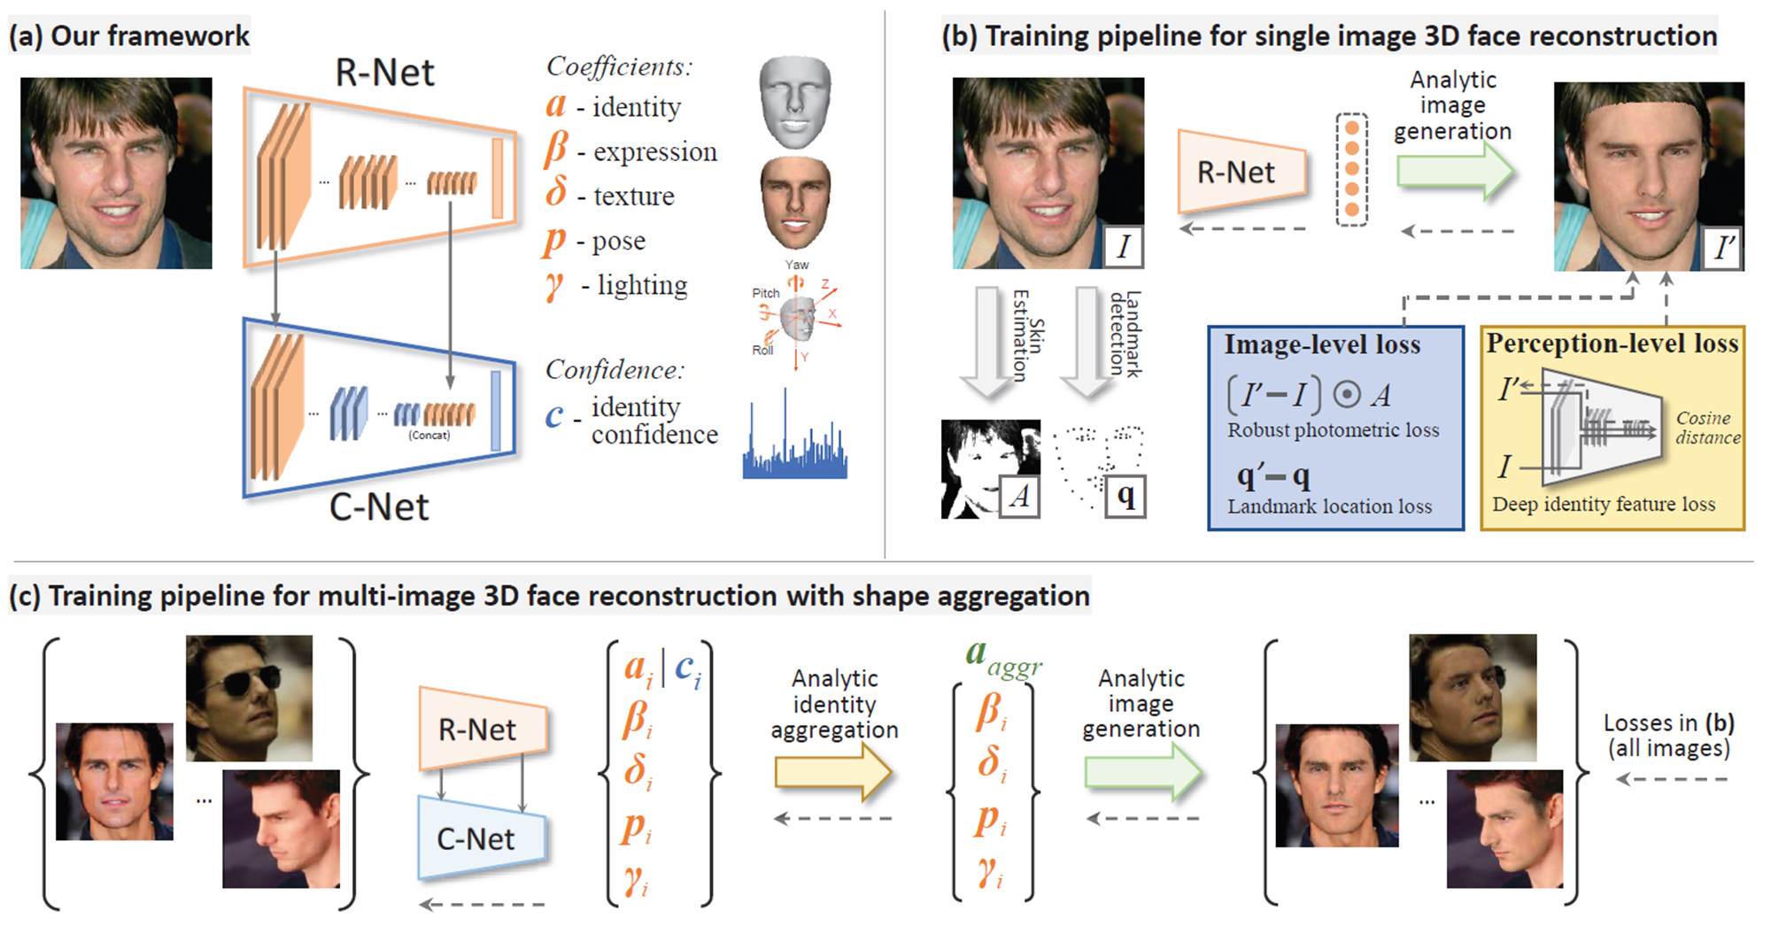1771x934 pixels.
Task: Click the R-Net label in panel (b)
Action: pos(1236,173)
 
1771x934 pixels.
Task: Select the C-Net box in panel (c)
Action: pos(478,838)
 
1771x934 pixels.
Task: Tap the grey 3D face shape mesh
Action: pos(794,101)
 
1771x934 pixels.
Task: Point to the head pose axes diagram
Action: pos(796,315)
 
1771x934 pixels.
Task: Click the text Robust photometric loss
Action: pos(1333,430)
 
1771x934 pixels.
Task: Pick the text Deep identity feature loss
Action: pos(1603,505)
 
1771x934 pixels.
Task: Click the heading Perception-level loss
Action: pos(1612,343)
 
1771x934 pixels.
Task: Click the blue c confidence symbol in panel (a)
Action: pos(554,414)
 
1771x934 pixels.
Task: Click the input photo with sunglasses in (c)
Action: pos(249,698)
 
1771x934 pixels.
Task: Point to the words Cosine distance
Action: pos(1706,428)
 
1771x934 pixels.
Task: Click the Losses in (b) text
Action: pos(1668,735)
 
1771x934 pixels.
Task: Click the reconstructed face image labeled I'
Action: pos(1649,176)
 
